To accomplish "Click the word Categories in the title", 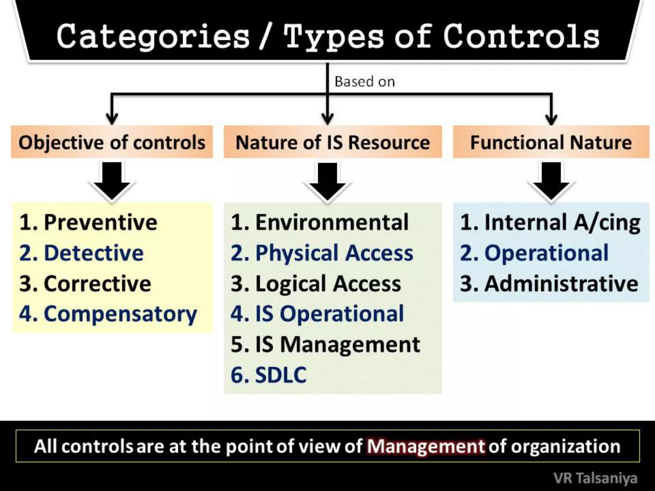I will (153, 37).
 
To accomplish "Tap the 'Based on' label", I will (365, 82).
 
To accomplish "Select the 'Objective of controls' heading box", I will (112, 142).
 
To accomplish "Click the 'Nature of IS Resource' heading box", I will (333, 142).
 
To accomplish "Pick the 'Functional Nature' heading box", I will (551, 142).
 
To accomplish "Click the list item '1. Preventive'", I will (88, 222).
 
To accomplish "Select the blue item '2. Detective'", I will (82, 253).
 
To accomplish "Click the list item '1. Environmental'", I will (320, 222).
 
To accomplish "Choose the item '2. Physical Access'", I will (322, 253).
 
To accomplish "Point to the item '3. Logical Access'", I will (316, 284).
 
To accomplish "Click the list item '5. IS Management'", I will (325, 344).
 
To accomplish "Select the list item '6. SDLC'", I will (268, 375).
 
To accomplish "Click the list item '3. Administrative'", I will (549, 284).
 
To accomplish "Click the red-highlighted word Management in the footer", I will (426, 446).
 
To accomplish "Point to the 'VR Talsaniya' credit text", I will (595, 479).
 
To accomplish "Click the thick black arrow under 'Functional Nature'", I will (551, 181).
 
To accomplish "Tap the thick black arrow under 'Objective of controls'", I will (112, 181).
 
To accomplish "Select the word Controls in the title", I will (521, 37).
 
